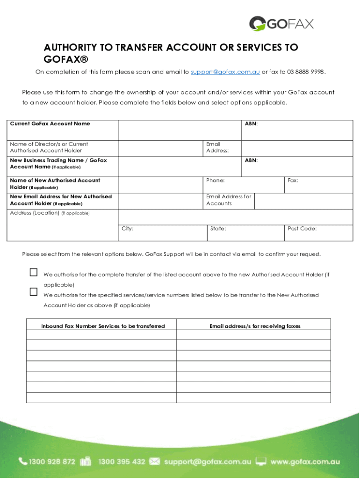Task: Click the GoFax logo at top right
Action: [x=281, y=23]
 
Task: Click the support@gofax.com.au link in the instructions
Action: [x=225, y=72]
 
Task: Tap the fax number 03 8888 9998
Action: [x=303, y=72]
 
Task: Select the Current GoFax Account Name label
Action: [x=50, y=124]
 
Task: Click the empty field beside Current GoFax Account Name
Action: [x=180, y=130]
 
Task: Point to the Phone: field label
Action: [x=216, y=181]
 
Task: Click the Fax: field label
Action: [x=293, y=181]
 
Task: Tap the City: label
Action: [x=128, y=229]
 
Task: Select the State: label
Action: [x=218, y=229]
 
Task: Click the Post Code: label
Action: [x=302, y=229]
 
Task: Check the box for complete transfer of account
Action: [x=33, y=272]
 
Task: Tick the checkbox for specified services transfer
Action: [x=33, y=291]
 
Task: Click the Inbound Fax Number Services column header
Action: [x=103, y=326]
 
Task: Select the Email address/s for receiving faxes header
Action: [x=255, y=326]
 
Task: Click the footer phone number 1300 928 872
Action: [x=52, y=462]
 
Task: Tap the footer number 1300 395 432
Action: [x=122, y=462]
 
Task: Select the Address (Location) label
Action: [x=35, y=213]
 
